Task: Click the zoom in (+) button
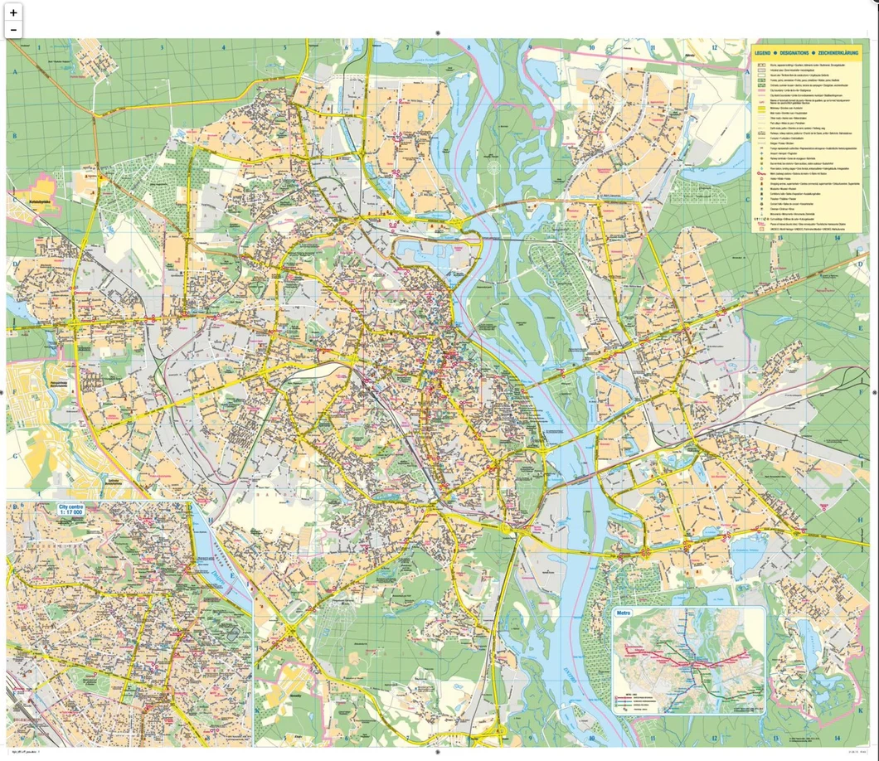(13, 12)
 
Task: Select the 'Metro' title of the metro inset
(624, 614)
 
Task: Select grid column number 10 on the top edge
(591, 47)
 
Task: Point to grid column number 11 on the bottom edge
(653, 737)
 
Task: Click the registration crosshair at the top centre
(438, 33)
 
